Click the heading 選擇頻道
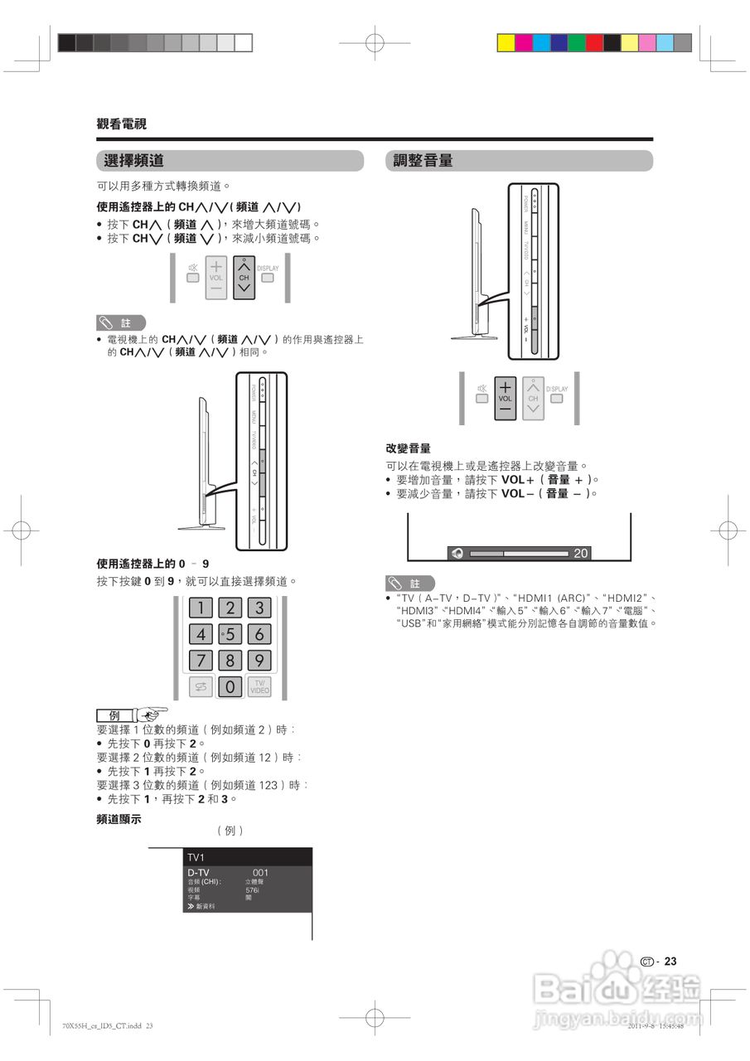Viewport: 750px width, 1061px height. point(133,161)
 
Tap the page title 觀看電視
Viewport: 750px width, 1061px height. point(121,124)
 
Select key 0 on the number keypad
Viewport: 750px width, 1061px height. point(230,687)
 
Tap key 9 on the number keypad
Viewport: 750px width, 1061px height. point(259,661)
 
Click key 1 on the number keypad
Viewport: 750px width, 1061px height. point(201,608)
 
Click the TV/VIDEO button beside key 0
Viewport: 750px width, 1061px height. point(259,687)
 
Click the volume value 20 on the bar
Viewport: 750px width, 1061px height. point(581,553)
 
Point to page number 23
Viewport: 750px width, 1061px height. point(670,962)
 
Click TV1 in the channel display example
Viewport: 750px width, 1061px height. point(196,857)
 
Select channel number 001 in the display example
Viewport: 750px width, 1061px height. point(260,873)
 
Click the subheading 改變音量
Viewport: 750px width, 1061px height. point(408,448)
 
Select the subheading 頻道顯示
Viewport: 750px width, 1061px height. point(119,819)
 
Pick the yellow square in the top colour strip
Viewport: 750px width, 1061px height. point(506,43)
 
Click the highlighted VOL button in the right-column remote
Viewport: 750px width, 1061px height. point(506,398)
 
